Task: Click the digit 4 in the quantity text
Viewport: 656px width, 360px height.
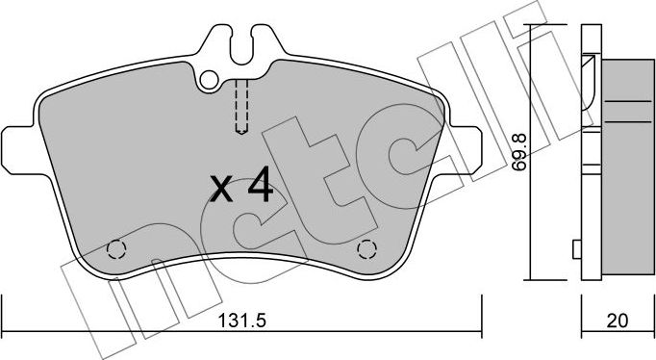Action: pyautogui.click(x=257, y=186)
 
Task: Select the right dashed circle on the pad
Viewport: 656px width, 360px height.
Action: pyautogui.click(x=366, y=250)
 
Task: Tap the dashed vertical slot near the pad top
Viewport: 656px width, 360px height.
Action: pyautogui.click(x=242, y=105)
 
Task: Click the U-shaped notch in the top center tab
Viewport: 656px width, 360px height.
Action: pyautogui.click(x=242, y=43)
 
